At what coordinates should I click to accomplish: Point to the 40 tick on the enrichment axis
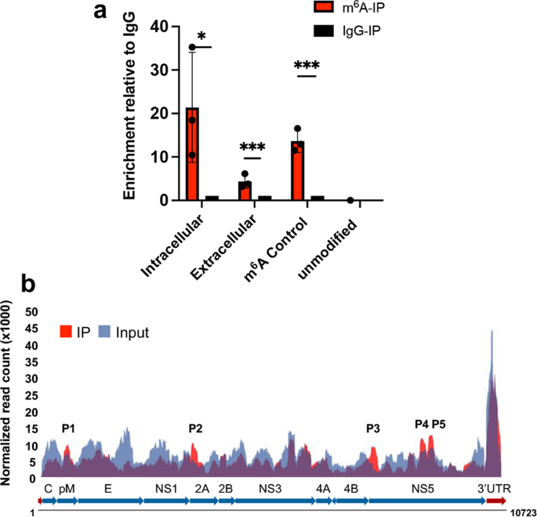[159, 27]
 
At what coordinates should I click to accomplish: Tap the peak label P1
[69, 428]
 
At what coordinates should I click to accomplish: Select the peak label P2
[196, 428]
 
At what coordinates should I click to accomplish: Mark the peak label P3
[373, 428]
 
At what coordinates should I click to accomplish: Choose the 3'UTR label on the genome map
[495, 488]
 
